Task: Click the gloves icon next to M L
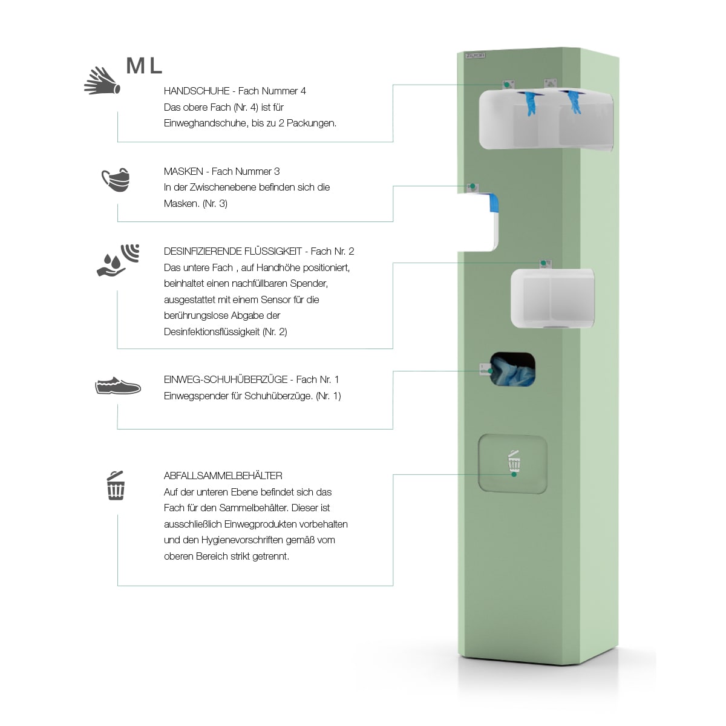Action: click(x=102, y=80)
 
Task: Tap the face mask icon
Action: click(x=116, y=180)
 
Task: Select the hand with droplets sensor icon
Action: click(x=118, y=260)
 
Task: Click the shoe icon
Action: click(x=118, y=385)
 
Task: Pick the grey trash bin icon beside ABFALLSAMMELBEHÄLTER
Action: click(x=116, y=486)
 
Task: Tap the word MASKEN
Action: click(x=183, y=171)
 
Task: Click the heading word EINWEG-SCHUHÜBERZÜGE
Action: click(x=226, y=379)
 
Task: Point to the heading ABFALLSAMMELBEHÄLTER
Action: click(x=223, y=476)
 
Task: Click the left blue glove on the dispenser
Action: click(x=531, y=102)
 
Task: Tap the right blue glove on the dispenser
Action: click(x=572, y=101)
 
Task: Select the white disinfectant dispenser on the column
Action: click(x=552, y=298)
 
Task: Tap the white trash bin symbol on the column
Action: click(x=514, y=461)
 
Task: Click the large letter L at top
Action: click(x=155, y=66)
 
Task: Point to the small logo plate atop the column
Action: click(x=475, y=55)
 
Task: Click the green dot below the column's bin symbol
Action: click(x=514, y=475)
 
